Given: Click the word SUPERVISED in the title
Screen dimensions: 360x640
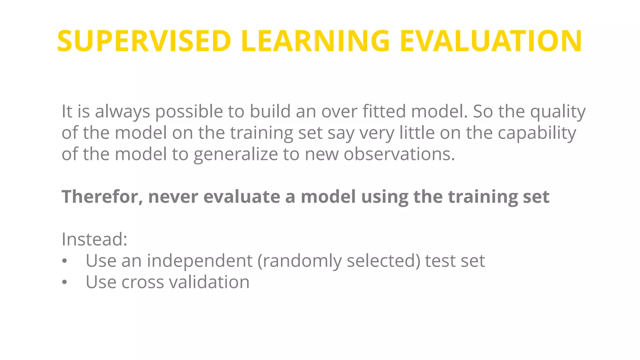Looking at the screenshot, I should pyautogui.click(x=144, y=41).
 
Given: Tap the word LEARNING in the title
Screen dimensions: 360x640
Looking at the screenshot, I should pyautogui.click(x=315, y=41).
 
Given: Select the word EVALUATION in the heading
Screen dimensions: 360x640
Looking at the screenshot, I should pyautogui.click(x=491, y=41).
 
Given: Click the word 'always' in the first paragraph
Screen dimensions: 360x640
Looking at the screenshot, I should pyautogui.click(x=122, y=112).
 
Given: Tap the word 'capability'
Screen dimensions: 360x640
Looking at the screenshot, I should pyautogui.click(x=537, y=133).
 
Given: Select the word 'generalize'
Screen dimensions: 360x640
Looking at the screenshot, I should pyautogui.click(x=236, y=154).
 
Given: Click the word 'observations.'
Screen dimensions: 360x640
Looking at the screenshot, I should pyautogui.click(x=399, y=154).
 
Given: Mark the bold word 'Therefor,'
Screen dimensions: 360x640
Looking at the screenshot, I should pyautogui.click(x=102, y=197).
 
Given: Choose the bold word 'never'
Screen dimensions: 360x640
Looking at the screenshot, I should pyautogui.click(x=173, y=197).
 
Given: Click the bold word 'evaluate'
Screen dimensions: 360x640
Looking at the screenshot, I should pyautogui.click(x=242, y=197).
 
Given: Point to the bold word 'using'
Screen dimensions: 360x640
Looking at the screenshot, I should pyautogui.click(x=384, y=197).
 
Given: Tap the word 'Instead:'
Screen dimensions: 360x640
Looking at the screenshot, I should pyautogui.click(x=94, y=239).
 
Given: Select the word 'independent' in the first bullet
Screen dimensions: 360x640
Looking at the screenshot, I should pyautogui.click(x=199, y=261).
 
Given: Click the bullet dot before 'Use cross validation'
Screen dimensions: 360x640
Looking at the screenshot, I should pyautogui.click(x=64, y=282).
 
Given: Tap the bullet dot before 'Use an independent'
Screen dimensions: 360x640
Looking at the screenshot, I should pyautogui.click(x=64, y=261).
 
